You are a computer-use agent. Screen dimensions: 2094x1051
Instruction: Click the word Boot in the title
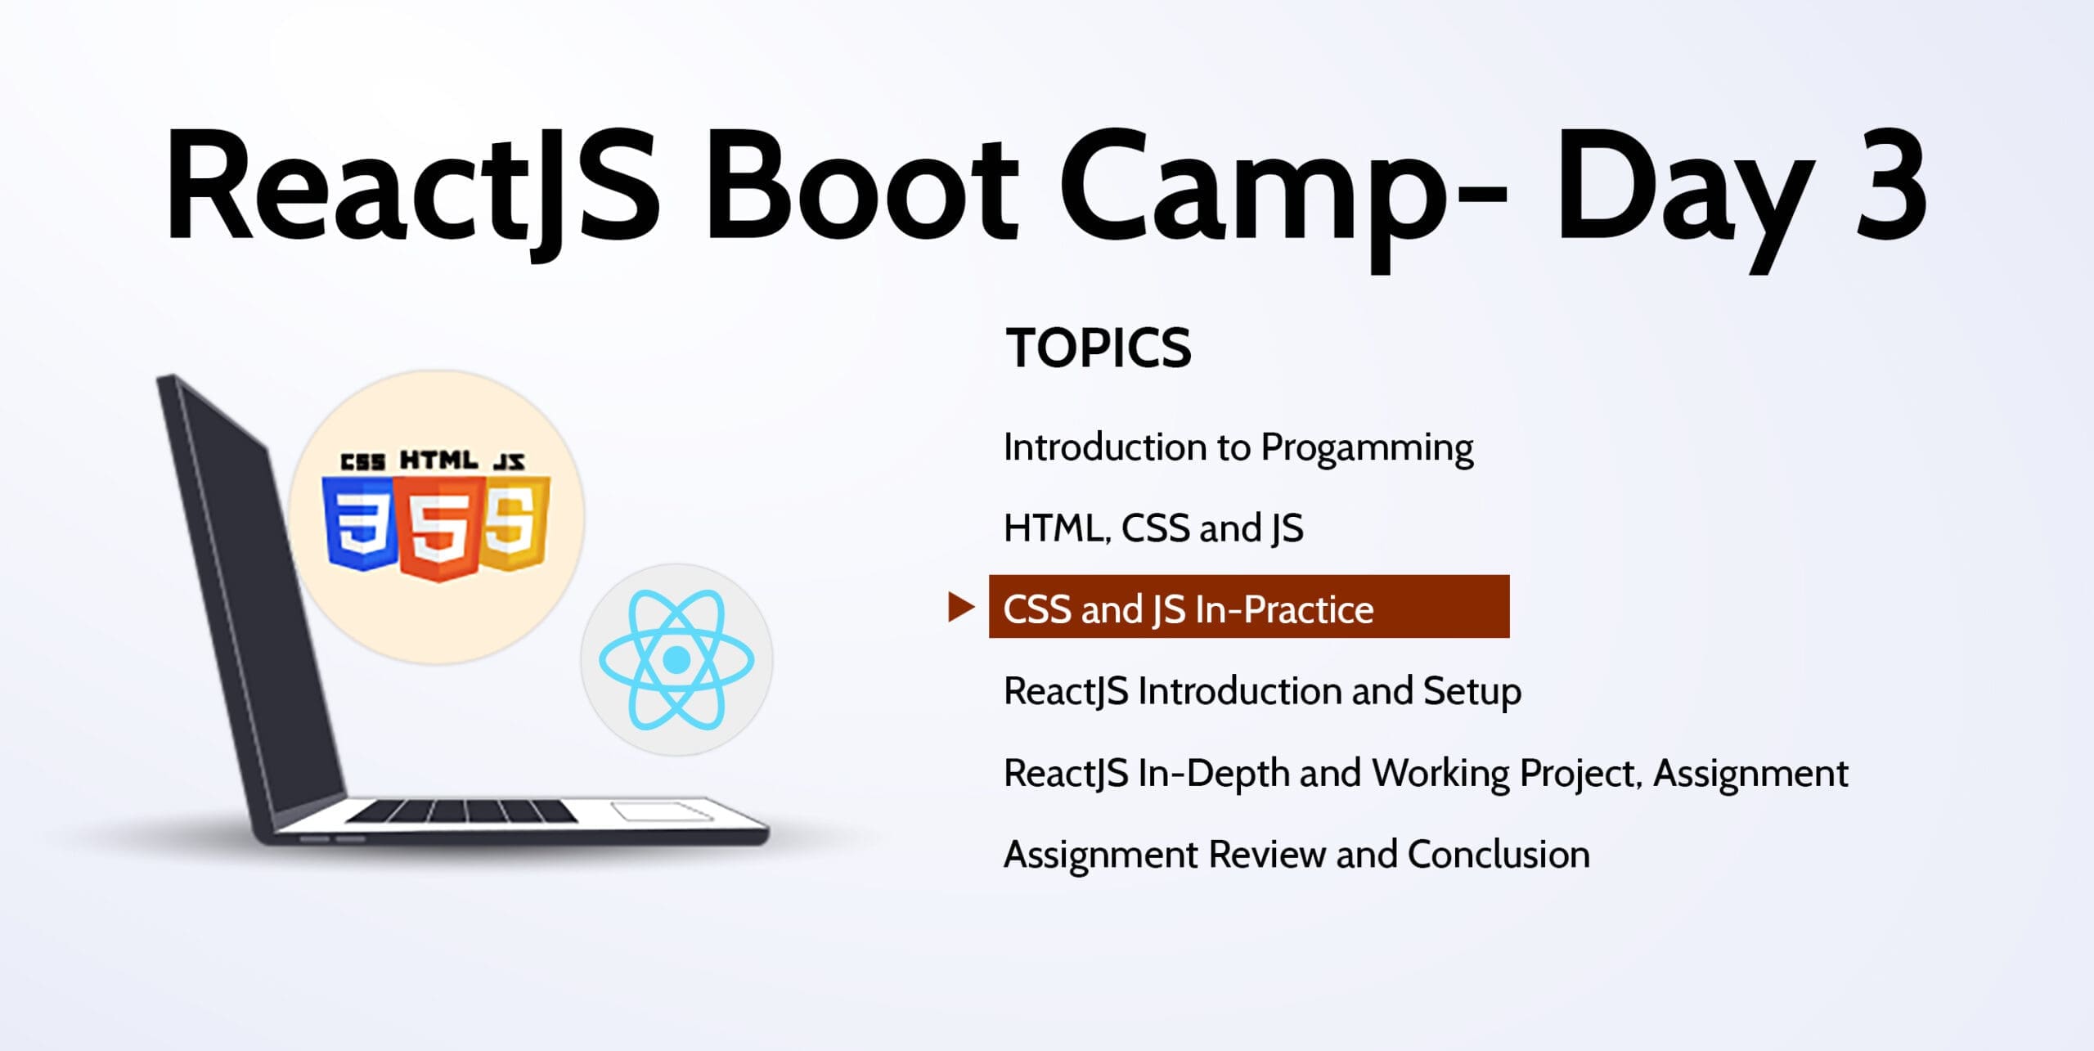pyautogui.click(x=861, y=185)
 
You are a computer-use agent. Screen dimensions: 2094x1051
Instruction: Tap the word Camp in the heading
pyautogui.click(x=1253, y=196)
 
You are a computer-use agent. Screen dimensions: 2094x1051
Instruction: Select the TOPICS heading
pyautogui.click(x=1098, y=348)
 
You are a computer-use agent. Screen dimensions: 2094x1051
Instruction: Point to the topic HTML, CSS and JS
pyautogui.click(x=1153, y=528)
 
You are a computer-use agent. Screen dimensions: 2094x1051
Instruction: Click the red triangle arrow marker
pyautogui.click(x=961, y=607)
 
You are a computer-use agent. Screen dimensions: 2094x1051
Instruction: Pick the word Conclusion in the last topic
pyautogui.click(x=1499, y=855)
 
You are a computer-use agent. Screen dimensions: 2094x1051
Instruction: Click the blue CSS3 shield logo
pyautogui.click(x=360, y=523)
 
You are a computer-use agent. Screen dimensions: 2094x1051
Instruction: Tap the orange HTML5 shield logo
pyautogui.click(x=438, y=528)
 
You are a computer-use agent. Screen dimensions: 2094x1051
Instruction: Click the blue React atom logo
pyautogui.click(x=676, y=659)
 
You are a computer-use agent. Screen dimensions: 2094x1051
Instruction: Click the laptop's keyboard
pyautogui.click(x=461, y=811)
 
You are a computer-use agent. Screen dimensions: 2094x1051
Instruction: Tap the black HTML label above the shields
pyautogui.click(x=438, y=460)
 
